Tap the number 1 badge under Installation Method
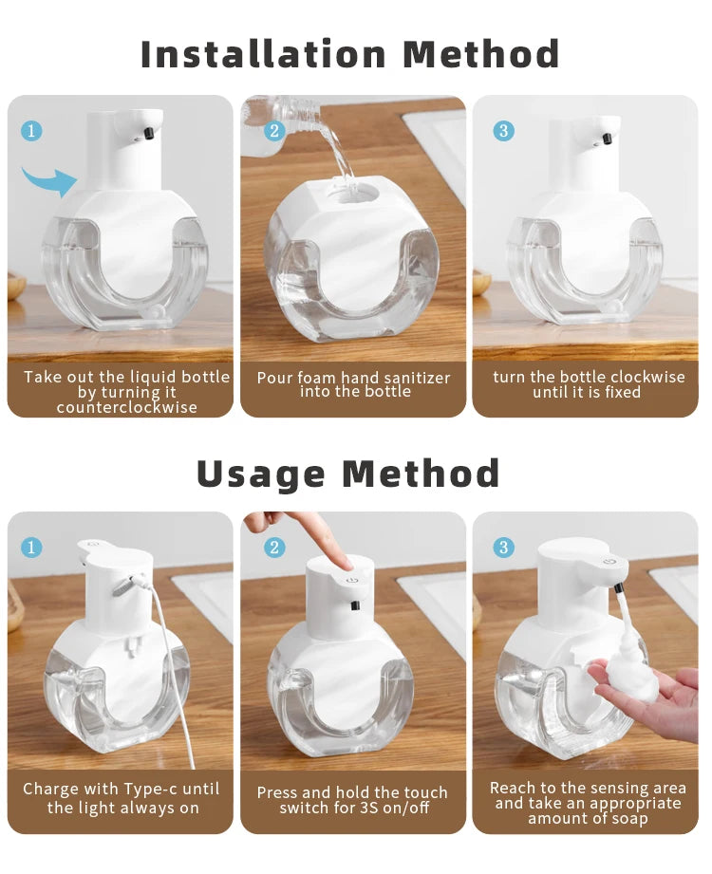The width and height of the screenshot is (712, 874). [x=31, y=131]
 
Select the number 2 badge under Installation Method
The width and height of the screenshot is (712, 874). [x=274, y=131]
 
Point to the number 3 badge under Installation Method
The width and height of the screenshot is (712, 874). [x=503, y=131]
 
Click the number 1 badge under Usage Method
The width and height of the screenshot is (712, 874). [x=31, y=548]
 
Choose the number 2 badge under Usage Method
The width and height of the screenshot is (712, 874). [x=274, y=548]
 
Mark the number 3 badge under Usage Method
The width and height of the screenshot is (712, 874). [x=503, y=548]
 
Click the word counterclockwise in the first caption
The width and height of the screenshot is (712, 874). [x=127, y=408]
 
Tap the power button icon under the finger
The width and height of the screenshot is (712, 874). [x=351, y=579]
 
